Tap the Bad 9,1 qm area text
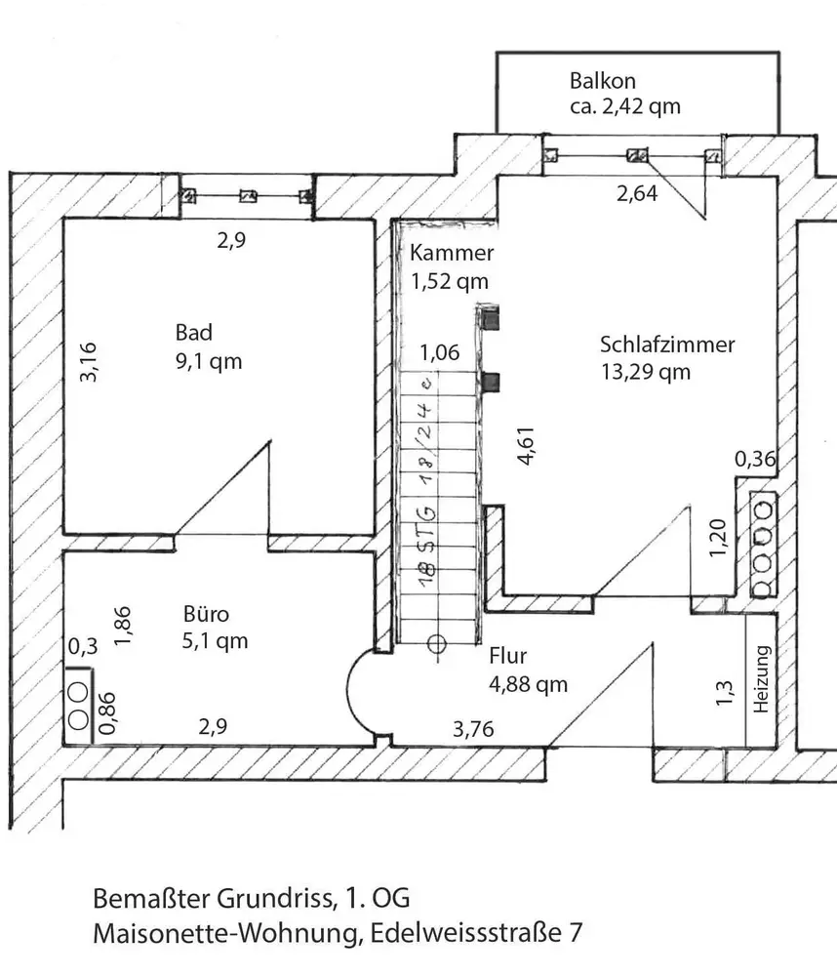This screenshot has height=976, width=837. [203, 361]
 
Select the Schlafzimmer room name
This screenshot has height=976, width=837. [667, 345]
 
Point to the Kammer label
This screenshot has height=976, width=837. [452, 254]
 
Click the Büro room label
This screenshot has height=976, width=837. [206, 615]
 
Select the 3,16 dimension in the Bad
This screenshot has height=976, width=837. [88, 360]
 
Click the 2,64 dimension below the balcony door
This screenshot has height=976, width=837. [636, 193]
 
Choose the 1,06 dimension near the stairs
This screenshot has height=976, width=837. [439, 353]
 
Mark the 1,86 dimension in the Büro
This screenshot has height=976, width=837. [122, 626]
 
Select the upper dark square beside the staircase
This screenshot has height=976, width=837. [493, 318]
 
